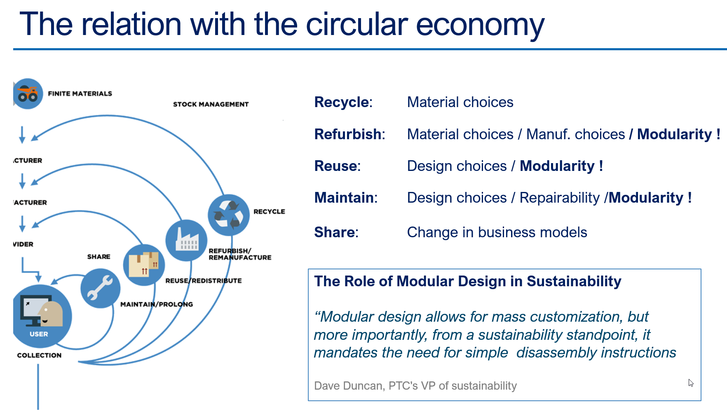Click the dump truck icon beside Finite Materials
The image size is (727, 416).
[x=28, y=94]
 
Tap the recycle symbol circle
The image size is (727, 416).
[x=229, y=215]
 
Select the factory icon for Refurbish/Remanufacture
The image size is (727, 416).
[x=186, y=240]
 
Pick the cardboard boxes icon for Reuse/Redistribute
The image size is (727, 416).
[x=144, y=265]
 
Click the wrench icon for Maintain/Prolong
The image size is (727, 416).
[x=100, y=288]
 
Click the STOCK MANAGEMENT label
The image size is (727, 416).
[x=211, y=104]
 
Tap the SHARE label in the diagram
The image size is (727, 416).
[x=98, y=257]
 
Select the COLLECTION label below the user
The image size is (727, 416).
[x=39, y=355]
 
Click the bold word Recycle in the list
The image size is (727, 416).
[x=342, y=102]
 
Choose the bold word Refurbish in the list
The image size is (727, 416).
[x=348, y=134]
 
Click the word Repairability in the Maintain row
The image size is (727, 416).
[x=559, y=198]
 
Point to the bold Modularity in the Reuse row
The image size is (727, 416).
[x=557, y=166]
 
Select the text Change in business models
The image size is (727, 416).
[x=497, y=232]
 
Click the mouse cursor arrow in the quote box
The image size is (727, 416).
[x=690, y=383]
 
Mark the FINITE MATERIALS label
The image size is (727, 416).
[x=80, y=93]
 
